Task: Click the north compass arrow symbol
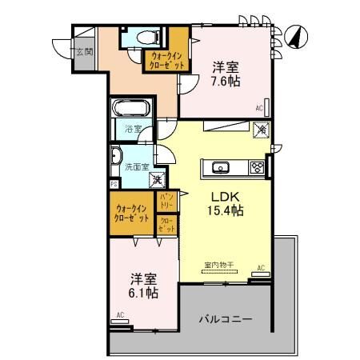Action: click(x=294, y=37)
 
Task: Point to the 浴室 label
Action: click(x=133, y=129)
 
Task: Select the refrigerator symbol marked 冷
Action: click(x=261, y=128)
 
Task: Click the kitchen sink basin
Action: click(x=221, y=168)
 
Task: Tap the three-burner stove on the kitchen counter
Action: click(x=257, y=167)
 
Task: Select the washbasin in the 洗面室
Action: click(x=117, y=156)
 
